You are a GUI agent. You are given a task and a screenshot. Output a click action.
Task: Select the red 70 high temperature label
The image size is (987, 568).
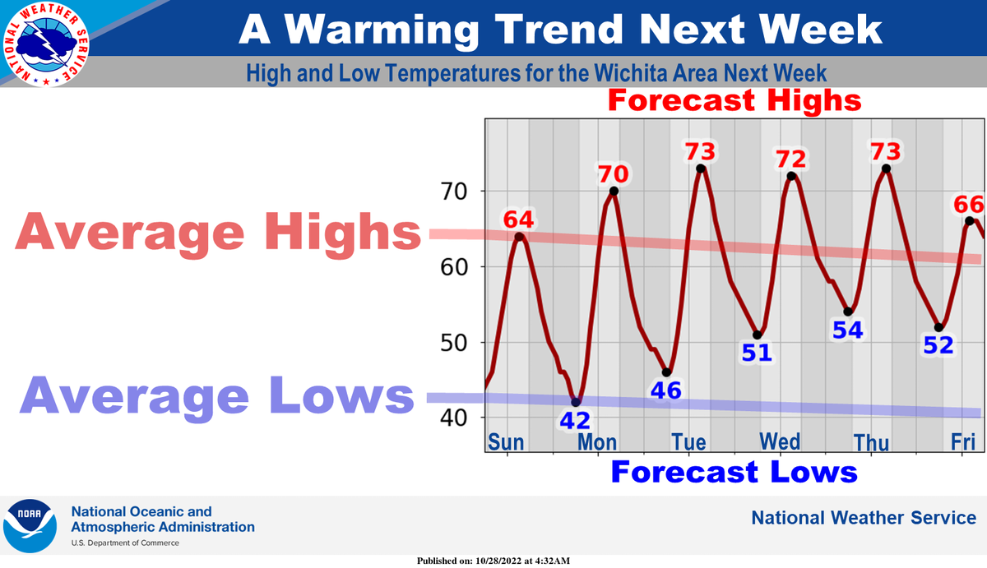[613, 173]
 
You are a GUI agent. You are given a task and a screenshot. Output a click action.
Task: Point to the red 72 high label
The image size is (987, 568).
[791, 158]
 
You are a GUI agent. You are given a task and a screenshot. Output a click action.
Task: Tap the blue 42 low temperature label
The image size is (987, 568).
[577, 420]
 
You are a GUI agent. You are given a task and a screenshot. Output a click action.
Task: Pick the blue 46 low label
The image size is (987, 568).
[666, 390]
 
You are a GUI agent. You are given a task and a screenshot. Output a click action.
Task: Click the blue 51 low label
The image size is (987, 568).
[757, 353]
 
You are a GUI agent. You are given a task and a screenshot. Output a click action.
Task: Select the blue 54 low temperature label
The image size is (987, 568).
[847, 330]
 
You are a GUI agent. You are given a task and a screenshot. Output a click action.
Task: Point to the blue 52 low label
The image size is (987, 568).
[938, 344]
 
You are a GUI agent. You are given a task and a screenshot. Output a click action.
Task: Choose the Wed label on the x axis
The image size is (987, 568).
[780, 441]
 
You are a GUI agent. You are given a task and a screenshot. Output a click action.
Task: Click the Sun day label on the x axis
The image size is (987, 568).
[506, 441]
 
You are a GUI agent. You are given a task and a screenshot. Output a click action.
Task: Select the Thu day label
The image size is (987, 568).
[871, 443]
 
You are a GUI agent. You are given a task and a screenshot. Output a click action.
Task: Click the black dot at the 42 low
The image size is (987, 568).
[576, 402]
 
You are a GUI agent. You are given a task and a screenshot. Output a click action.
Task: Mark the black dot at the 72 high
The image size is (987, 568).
[791, 176]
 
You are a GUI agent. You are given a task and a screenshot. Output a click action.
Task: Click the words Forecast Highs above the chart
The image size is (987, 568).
[734, 100]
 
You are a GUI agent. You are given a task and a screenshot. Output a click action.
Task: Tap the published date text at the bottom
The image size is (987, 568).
[493, 561]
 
